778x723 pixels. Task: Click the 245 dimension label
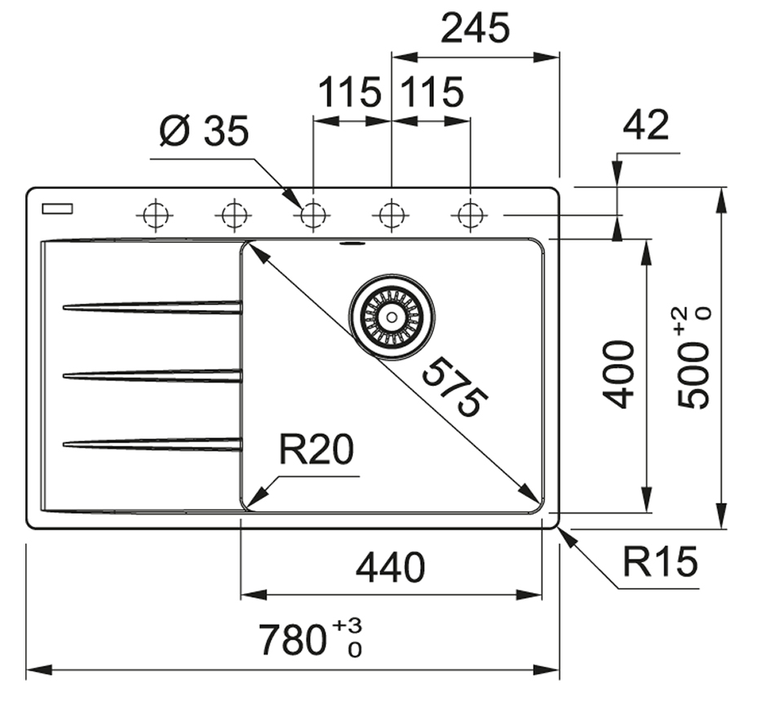pos(475,29)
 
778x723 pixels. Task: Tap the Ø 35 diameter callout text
pos(203,131)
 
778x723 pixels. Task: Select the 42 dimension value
pos(646,125)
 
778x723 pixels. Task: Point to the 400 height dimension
pos(620,375)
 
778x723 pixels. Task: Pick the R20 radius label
pos(315,451)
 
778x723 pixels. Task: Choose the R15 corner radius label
pos(660,562)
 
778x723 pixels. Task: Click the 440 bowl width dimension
pos(391,568)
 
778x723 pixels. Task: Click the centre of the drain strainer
pos(391,316)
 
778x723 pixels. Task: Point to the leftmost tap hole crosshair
pos(154,216)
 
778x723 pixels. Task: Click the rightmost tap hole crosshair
pos(470,216)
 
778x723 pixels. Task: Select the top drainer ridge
pos(152,307)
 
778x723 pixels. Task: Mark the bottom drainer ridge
pos(152,444)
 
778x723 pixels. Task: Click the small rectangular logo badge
pos(57,209)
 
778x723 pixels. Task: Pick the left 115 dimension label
pos(349,92)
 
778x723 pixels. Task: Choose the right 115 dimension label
pos(431,92)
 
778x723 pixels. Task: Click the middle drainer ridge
pos(152,375)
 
